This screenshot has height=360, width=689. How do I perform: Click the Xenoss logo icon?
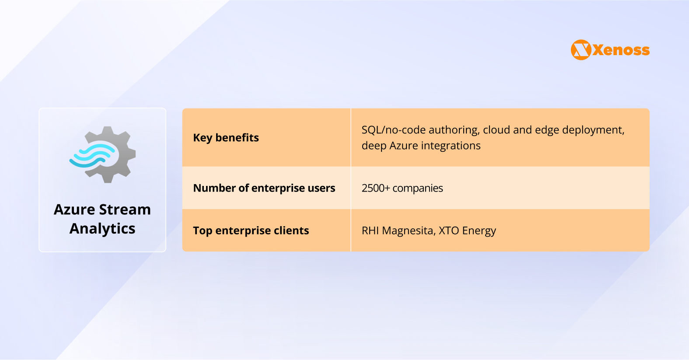[x=581, y=50]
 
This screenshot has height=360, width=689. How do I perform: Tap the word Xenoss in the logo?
[x=621, y=50]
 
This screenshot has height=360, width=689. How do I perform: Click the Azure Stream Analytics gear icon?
[x=103, y=154]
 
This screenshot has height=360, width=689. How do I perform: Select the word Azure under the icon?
[x=74, y=210]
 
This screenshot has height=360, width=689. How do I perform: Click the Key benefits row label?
[x=226, y=138]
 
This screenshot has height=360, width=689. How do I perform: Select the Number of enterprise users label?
[x=264, y=188]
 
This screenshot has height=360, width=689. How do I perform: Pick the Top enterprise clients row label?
[x=251, y=231]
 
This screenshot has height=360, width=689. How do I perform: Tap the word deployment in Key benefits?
[x=593, y=130]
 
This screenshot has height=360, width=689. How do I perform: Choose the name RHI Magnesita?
[x=399, y=231]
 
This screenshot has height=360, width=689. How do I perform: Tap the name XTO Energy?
[x=467, y=231]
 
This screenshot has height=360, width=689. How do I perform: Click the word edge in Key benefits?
[x=546, y=130]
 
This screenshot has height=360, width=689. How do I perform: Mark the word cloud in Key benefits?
[x=496, y=130]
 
